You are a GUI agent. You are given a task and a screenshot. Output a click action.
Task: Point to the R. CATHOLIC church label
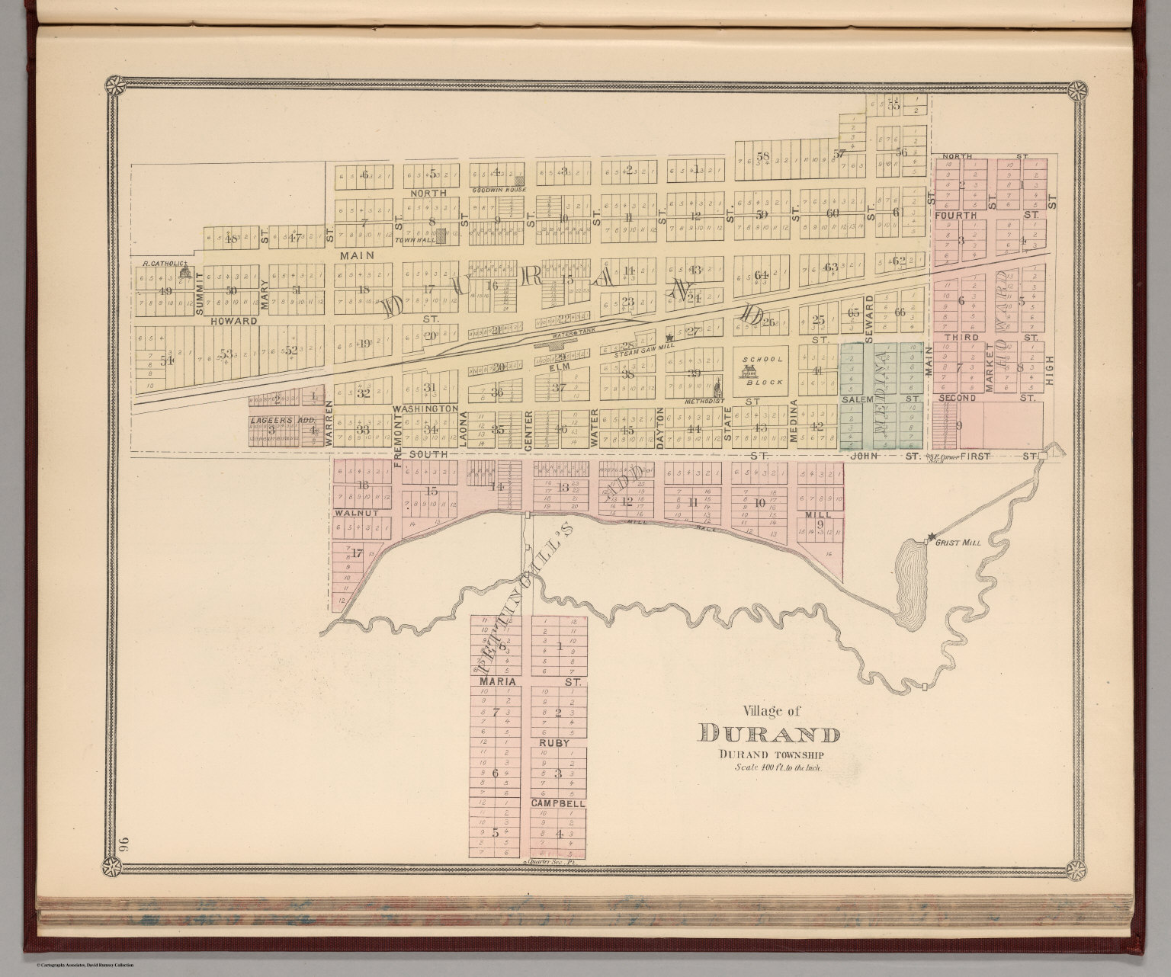[163, 264]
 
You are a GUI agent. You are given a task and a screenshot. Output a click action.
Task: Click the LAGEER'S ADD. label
[271, 419]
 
